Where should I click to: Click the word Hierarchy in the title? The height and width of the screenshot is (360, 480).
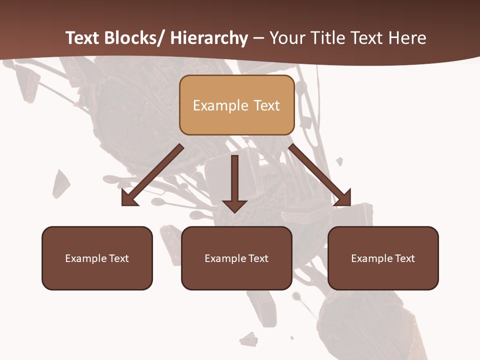(209, 38)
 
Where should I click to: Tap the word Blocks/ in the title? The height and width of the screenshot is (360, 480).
(134, 38)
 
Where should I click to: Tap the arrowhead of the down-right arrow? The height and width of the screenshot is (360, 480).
(343, 198)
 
